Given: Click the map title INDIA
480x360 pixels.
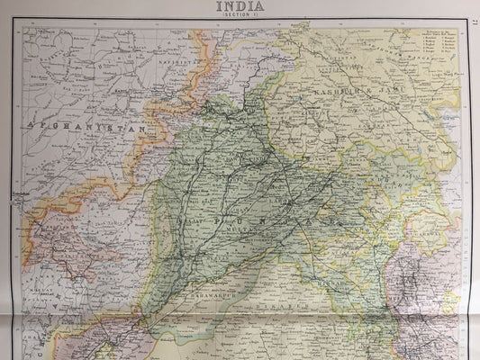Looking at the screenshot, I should pos(240,6).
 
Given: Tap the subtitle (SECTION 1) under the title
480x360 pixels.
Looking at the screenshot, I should pos(240,16).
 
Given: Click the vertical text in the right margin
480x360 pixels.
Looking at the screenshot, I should pos(473,180).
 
